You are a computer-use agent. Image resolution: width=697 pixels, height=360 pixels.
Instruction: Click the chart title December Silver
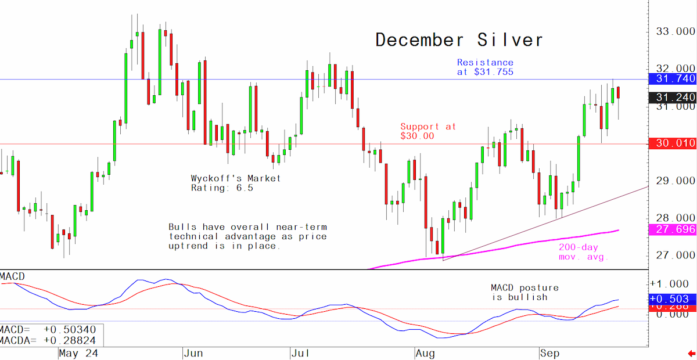click(x=459, y=40)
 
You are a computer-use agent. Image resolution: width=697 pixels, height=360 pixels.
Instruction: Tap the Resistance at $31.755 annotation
click(x=485, y=67)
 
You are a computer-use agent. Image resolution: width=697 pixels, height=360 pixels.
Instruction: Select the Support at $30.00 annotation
click(x=428, y=131)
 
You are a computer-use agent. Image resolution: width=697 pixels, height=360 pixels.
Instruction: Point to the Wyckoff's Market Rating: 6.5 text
click(x=236, y=183)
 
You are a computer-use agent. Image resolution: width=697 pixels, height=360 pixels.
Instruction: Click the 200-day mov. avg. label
click(x=583, y=252)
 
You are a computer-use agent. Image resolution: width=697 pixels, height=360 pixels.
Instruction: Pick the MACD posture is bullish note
click(x=524, y=293)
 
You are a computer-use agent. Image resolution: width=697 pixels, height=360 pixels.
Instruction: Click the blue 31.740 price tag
click(x=673, y=79)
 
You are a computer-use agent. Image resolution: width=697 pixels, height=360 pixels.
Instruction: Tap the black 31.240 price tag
click(x=673, y=98)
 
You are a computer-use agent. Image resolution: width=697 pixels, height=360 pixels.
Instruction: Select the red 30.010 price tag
click(x=673, y=143)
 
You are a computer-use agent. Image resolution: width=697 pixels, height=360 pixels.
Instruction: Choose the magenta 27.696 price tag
click(x=673, y=229)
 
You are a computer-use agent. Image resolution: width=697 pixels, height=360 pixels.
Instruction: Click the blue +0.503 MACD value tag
click(x=673, y=298)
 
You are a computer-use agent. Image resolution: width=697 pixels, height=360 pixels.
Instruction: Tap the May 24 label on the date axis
click(x=78, y=354)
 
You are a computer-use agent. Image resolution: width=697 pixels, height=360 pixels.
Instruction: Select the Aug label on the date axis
click(x=425, y=354)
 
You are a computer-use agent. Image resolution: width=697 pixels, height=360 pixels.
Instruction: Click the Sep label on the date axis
click(x=549, y=354)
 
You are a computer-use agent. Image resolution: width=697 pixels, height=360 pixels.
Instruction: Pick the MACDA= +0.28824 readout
click(x=48, y=341)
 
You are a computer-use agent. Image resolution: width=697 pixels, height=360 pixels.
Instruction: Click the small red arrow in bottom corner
click(x=692, y=354)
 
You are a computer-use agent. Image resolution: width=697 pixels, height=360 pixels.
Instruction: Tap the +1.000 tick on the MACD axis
click(x=673, y=284)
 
